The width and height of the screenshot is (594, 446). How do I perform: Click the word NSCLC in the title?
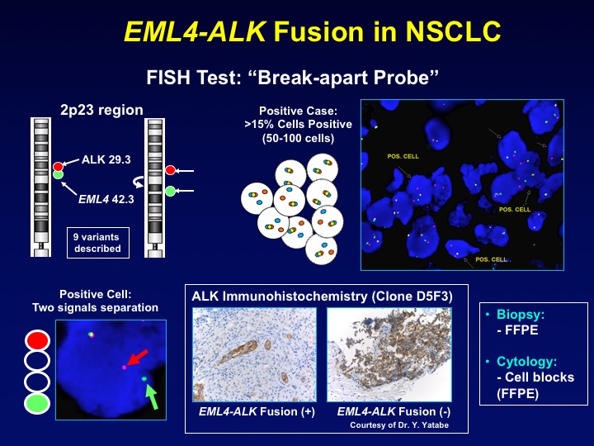point(454,31)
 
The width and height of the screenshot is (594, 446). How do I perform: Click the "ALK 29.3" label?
point(106,159)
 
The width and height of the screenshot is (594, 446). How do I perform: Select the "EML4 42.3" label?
point(106,199)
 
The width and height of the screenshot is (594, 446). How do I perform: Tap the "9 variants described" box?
point(98,243)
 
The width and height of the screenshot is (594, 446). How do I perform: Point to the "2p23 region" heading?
point(101,110)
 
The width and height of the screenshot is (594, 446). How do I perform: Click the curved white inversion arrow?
point(138,182)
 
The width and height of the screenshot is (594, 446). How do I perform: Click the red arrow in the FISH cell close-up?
point(137,358)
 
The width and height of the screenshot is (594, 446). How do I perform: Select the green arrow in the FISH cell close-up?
point(152,397)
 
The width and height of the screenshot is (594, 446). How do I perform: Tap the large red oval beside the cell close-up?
point(37,340)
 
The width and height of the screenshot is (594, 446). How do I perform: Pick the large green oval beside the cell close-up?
point(37,404)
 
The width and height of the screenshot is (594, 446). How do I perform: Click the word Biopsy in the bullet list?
point(521,315)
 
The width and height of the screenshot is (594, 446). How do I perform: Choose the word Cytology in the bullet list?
point(527,362)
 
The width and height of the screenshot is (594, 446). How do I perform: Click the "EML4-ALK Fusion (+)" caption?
point(257,411)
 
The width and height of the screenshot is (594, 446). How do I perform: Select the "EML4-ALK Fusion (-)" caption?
point(394,411)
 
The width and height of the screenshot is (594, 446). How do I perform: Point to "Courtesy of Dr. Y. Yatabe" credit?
point(399,425)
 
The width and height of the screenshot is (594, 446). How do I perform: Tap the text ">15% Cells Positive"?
point(298,124)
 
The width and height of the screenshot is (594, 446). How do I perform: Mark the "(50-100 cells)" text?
point(298,138)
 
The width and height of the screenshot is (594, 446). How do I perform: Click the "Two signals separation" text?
point(95,307)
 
